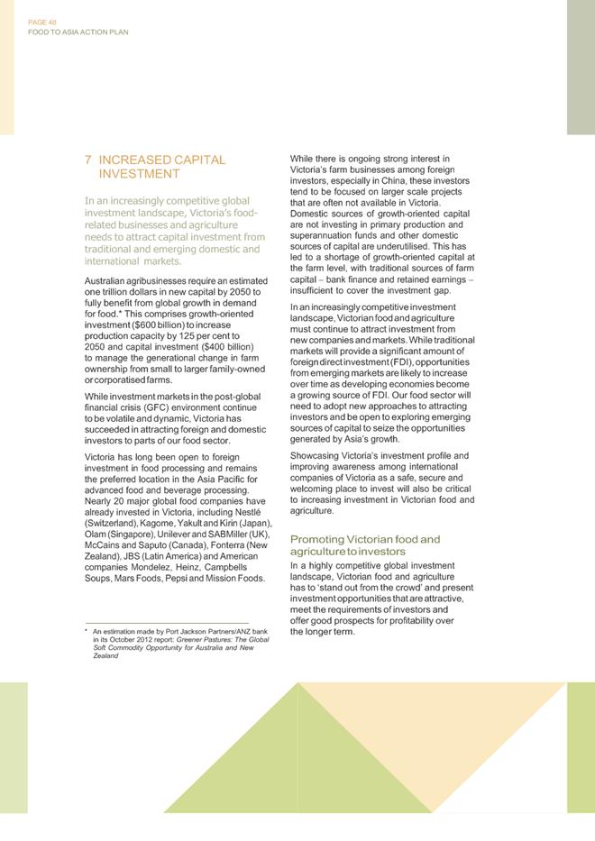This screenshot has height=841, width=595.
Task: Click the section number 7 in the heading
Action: tap(87, 160)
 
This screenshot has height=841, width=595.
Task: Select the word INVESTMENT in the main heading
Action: tap(139, 173)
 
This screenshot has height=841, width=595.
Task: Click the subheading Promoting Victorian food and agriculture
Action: tap(365, 544)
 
